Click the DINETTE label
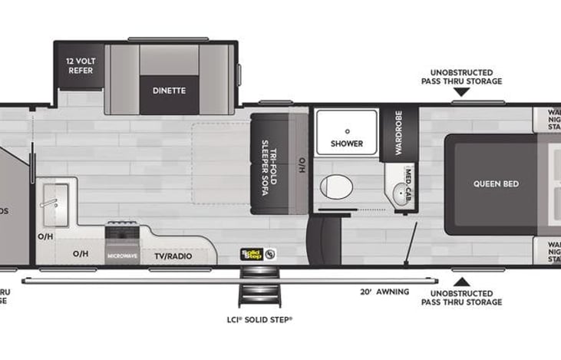pyautogui.click(x=169, y=91)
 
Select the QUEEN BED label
pyautogui.click(x=495, y=184)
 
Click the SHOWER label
pyautogui.click(x=346, y=143)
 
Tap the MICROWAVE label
pyautogui.click(x=122, y=256)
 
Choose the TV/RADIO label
pyautogui.click(x=173, y=256)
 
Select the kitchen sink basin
pyautogui.click(x=54, y=201)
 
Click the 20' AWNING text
pyautogui.click(x=384, y=292)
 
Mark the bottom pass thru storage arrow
pyautogui.click(x=460, y=279)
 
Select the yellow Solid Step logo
pyautogui.click(x=252, y=253)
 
